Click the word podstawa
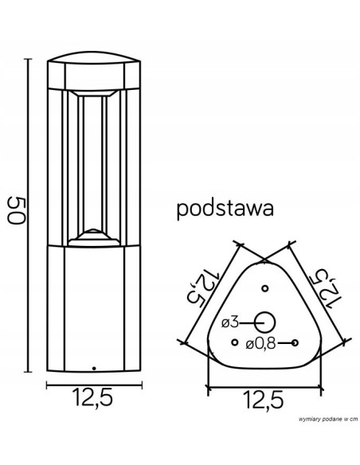click(225, 209)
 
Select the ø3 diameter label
click(229, 322)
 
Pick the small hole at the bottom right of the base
click(295, 343)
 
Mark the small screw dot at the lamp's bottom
click(92, 369)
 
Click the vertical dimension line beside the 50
click(30, 215)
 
